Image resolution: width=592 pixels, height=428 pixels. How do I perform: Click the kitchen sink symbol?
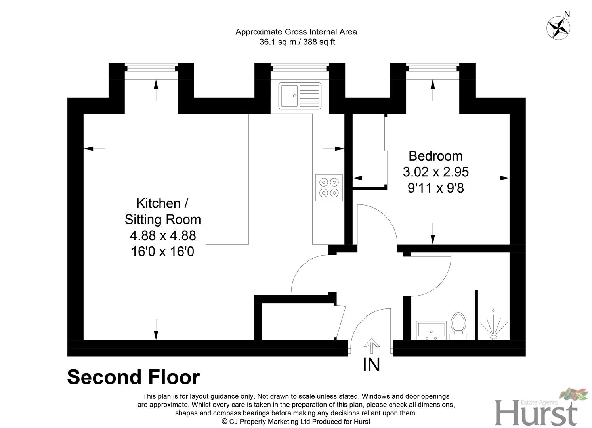click(300, 96)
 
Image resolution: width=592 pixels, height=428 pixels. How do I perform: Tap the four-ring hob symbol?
click(329, 187)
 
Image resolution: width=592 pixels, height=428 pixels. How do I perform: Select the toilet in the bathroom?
click(458, 326)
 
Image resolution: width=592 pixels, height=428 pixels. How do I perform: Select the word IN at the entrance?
click(371, 365)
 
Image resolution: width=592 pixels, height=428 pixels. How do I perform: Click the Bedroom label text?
click(435, 156)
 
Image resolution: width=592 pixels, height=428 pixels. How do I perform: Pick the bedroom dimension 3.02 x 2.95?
click(435, 172)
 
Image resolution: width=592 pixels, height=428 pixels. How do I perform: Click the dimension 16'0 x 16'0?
click(162, 252)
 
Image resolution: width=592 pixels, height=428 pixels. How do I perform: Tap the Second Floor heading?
click(134, 377)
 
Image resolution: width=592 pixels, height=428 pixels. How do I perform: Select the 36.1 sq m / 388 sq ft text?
click(297, 42)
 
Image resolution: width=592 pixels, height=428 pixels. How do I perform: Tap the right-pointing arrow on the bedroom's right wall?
click(499, 178)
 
